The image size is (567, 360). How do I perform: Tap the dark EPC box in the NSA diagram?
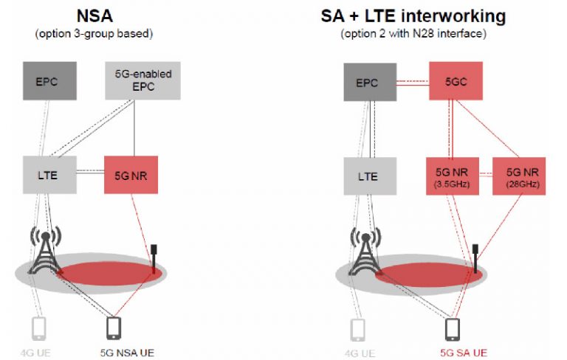[x=49, y=81]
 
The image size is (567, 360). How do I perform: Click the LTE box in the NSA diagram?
[x=49, y=176]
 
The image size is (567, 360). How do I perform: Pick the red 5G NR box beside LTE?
[x=131, y=176]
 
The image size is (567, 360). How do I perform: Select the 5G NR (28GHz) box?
[x=518, y=176]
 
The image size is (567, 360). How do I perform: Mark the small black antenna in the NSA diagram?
[x=154, y=257]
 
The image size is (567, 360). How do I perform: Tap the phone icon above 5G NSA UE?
[x=114, y=327]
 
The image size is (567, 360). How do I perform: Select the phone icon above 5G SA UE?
[x=453, y=327]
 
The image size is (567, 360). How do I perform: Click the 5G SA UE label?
[x=462, y=352]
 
